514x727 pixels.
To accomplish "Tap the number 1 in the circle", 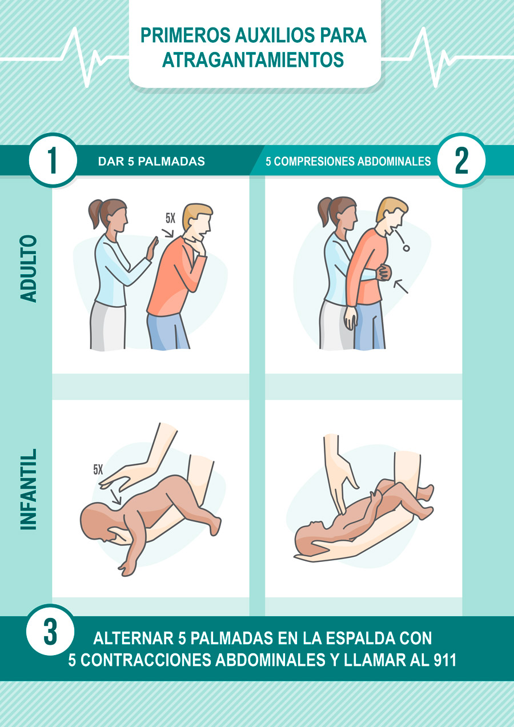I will coord(53,160).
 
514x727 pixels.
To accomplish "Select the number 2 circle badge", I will coord(461,160).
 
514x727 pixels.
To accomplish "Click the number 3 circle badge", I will coord(50,632).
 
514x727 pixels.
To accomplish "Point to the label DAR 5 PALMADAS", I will coord(151,162).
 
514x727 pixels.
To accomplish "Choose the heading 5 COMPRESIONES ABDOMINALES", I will coord(348,162).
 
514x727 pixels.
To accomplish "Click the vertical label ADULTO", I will coord(28,268).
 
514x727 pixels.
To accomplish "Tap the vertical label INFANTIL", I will coord(28,489).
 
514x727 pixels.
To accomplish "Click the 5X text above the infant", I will coord(98,470).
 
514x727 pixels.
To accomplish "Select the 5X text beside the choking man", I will coord(170,218).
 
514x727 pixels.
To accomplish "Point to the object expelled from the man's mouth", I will coord(405,248).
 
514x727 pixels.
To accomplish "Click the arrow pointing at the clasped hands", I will coord(401,286).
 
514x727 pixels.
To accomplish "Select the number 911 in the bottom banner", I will coord(444,660).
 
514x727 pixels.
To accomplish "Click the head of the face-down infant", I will coord(97,520).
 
